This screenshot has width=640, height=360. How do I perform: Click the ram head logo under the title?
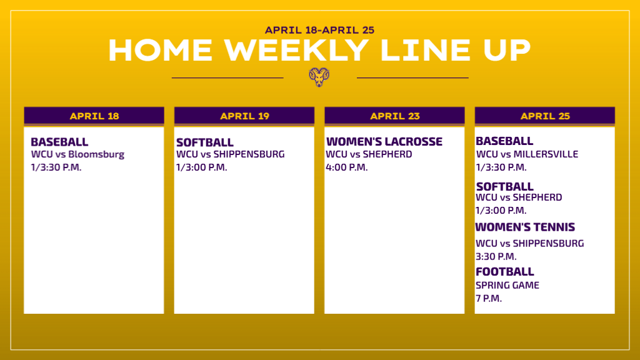pyautogui.click(x=319, y=77)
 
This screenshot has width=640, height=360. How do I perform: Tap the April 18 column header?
pyautogui.click(x=94, y=116)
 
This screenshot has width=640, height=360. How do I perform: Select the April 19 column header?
pyautogui.click(x=244, y=116)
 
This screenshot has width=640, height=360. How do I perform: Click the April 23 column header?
pyautogui.click(x=394, y=116)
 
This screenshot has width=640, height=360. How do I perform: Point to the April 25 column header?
pyautogui.click(x=544, y=116)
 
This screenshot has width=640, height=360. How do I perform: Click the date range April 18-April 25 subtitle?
pyautogui.click(x=319, y=30)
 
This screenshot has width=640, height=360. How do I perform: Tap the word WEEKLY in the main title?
pyautogui.click(x=296, y=50)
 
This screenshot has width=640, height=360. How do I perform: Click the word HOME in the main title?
pyautogui.click(x=161, y=50)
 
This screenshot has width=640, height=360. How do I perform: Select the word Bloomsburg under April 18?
pyautogui.click(x=96, y=154)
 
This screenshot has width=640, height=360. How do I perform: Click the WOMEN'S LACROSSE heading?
pyautogui.click(x=384, y=142)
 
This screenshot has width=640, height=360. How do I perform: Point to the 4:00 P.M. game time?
pyautogui.click(x=346, y=167)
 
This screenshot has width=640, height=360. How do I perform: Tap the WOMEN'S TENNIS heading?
pyautogui.click(x=525, y=227)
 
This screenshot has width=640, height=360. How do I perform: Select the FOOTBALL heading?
pyautogui.click(x=505, y=272)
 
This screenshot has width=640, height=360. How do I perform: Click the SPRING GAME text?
pyautogui.click(x=507, y=285)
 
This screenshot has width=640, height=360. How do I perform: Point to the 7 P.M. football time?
pyautogui.click(x=489, y=298)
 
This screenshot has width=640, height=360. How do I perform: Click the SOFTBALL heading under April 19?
pyautogui.click(x=205, y=142)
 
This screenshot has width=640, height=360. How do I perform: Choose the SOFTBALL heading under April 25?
pyautogui.click(x=504, y=186)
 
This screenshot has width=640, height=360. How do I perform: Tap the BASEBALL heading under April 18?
pyautogui.click(x=59, y=142)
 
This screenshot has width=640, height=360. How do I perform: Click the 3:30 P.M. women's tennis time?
pyautogui.click(x=496, y=257)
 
